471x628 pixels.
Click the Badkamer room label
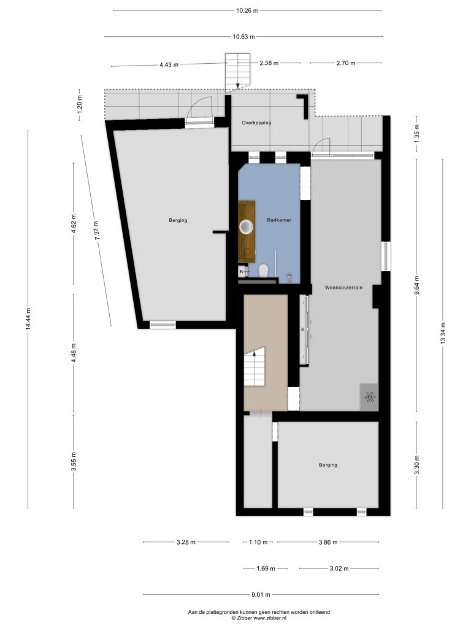click(x=279, y=220)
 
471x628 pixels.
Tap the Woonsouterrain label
click(x=343, y=288)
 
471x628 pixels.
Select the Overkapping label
click(x=256, y=123)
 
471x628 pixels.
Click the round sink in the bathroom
click(x=247, y=227)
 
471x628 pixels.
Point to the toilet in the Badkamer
click(x=264, y=270)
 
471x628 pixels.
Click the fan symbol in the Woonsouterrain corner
click(x=370, y=397)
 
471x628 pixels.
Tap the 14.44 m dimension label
click(x=28, y=319)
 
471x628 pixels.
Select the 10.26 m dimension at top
click(x=247, y=11)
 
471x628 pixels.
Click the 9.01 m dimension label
click(x=261, y=594)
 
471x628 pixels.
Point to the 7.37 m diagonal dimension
click(x=96, y=231)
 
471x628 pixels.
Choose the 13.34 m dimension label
click(x=443, y=333)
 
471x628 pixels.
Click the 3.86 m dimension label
click(x=328, y=542)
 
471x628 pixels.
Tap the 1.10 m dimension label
click(x=258, y=542)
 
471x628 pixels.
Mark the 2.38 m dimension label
click(x=269, y=63)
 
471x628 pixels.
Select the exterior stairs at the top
click(x=237, y=72)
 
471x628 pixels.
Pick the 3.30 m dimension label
click(x=417, y=465)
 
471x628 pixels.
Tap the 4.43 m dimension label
click(x=169, y=64)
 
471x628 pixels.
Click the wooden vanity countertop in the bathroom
click(x=247, y=231)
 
